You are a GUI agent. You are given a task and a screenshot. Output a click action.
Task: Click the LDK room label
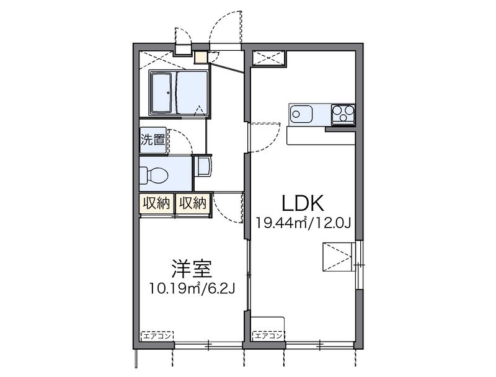[x=303, y=203]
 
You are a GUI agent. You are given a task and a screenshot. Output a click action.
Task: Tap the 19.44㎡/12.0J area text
[x=303, y=223]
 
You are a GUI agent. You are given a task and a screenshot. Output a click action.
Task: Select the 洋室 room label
[x=192, y=268]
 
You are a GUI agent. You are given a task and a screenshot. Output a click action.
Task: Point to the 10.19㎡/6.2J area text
[x=192, y=288]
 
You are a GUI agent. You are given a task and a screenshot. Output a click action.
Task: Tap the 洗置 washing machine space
[x=153, y=140]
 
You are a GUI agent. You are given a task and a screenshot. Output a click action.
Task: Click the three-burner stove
[x=343, y=114]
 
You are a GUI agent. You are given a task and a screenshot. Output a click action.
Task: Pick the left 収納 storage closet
[x=157, y=203]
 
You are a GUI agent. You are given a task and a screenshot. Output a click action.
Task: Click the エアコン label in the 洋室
[x=157, y=335]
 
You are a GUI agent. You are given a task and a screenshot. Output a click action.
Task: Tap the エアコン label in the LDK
[x=268, y=335]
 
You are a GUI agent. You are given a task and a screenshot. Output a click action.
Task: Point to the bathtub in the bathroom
[x=161, y=92]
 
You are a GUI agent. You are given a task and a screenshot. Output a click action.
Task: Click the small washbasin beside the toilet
[x=203, y=166]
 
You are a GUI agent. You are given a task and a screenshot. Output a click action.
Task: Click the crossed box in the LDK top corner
[x=268, y=58]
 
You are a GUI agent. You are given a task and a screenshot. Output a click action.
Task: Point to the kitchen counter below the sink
[x=321, y=136]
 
